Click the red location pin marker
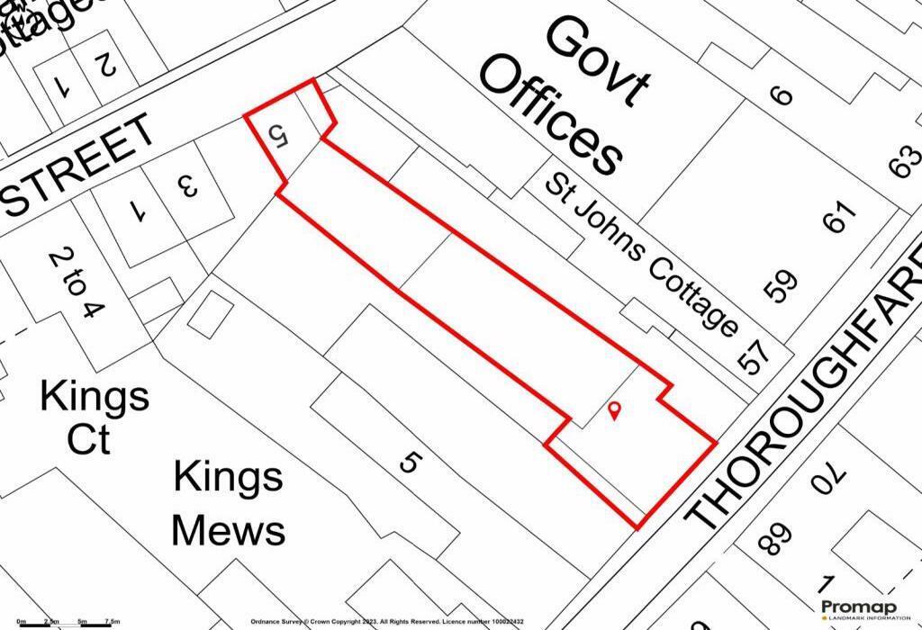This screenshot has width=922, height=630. click(x=615, y=411)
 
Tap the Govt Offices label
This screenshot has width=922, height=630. click(x=564, y=95)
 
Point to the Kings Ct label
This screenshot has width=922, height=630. click(x=94, y=417)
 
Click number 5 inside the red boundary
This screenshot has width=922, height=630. click(x=278, y=137)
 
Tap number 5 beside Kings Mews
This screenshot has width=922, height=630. click(x=410, y=463)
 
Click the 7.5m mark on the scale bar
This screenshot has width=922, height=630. click(x=113, y=622)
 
